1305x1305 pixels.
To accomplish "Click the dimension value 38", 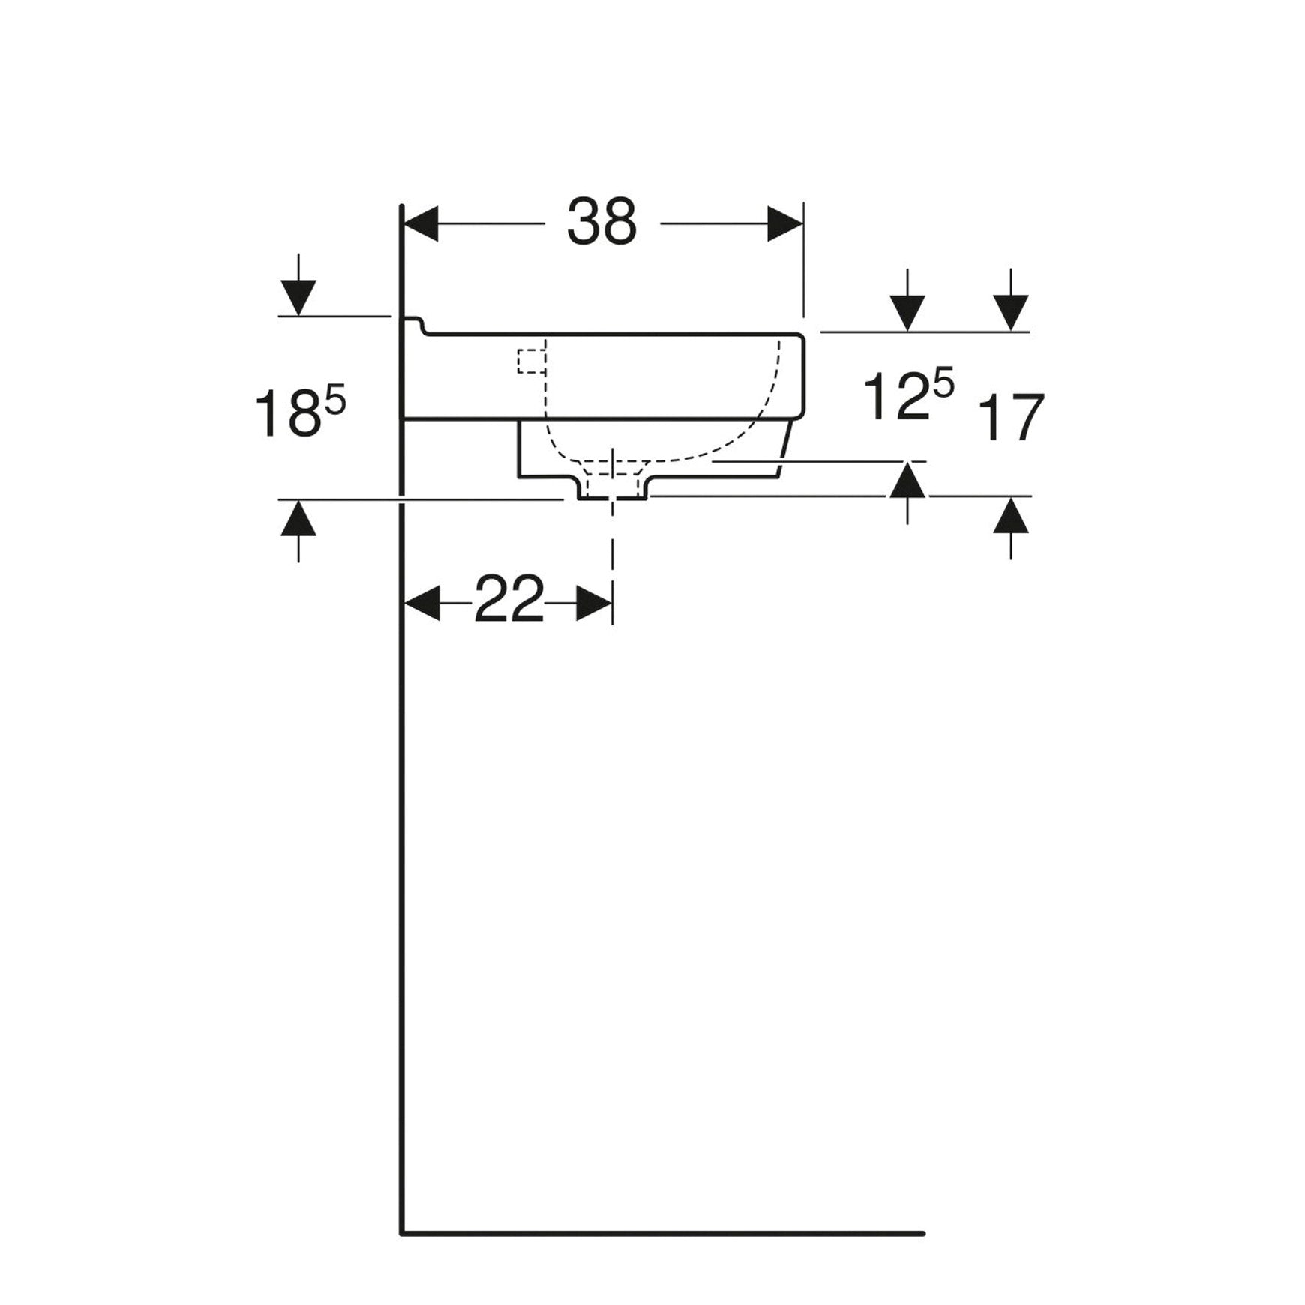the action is [x=601, y=222].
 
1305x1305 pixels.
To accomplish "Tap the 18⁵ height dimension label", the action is [x=300, y=412].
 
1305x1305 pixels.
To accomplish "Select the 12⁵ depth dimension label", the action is [x=908, y=395].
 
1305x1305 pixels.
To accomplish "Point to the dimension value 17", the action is [x=1011, y=418].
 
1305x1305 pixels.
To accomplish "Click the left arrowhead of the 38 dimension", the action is [x=421, y=223].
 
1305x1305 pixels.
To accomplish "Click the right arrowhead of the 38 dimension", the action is [x=785, y=223].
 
